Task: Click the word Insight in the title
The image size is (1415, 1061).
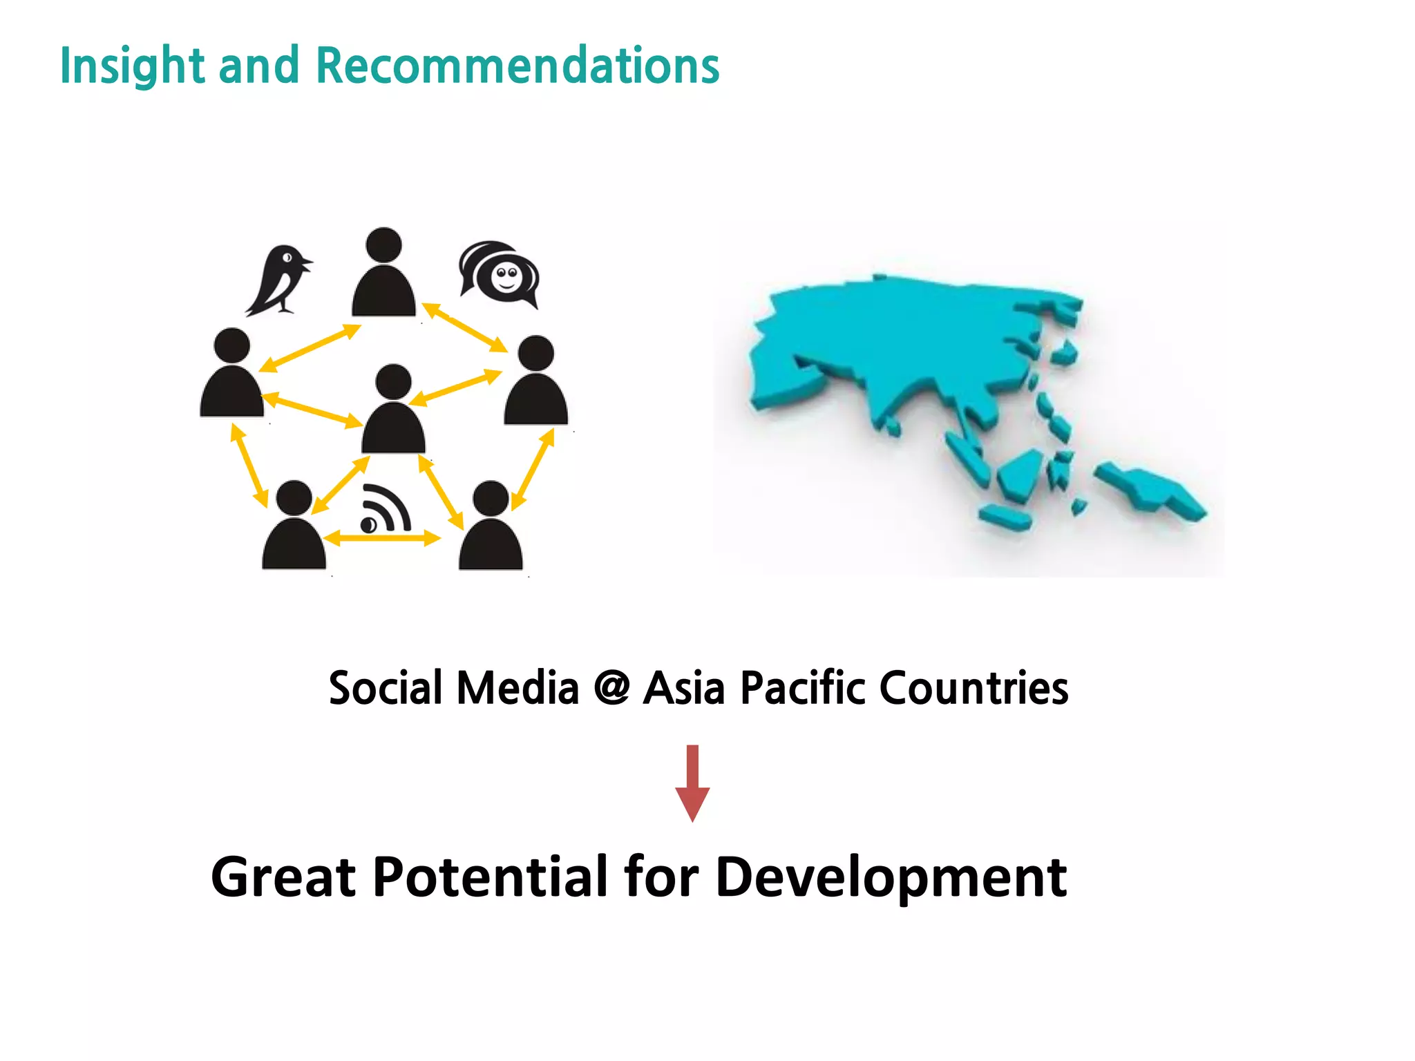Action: coord(132,66)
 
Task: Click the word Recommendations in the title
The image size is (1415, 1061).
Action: coord(517,66)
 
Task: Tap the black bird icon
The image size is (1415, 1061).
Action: coord(279,280)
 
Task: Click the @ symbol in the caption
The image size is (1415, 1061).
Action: coord(611,687)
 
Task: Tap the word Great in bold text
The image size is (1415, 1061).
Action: coord(283,877)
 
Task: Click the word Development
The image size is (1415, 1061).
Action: coord(891,878)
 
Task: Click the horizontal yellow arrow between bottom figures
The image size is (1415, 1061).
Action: coord(382,538)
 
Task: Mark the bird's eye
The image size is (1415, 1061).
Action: coord(287,258)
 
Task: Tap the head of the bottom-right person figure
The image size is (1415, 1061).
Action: coord(491,498)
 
